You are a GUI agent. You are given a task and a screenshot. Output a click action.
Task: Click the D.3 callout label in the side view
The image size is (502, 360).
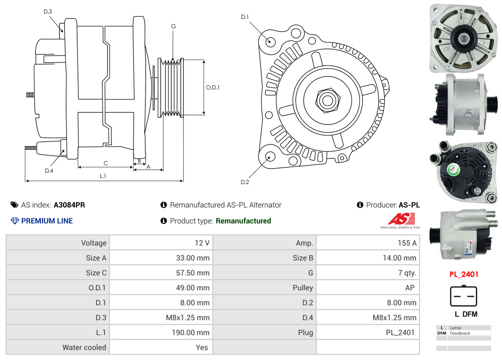(x=48, y=11)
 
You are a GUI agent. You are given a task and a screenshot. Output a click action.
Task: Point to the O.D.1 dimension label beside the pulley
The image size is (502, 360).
(x=213, y=87)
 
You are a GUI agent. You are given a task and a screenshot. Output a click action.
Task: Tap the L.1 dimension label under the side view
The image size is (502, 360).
(x=102, y=176)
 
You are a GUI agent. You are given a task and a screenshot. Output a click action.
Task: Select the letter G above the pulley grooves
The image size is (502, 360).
(x=173, y=26)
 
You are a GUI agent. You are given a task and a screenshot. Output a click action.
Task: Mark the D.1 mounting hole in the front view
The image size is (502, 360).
(x=270, y=41)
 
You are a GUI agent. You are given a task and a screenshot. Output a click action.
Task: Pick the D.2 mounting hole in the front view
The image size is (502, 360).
(x=270, y=156)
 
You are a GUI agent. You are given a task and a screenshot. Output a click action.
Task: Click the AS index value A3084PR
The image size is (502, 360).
(x=69, y=205)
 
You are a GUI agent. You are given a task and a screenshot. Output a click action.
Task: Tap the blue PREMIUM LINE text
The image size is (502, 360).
(x=47, y=221)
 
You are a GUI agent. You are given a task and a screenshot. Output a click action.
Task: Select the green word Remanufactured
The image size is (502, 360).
(x=243, y=221)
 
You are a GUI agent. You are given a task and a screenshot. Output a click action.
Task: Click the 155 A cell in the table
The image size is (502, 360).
(x=407, y=243)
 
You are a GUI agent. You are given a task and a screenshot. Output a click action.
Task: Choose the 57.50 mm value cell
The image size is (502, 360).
(x=193, y=273)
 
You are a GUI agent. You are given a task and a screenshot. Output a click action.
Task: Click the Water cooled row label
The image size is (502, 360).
(x=84, y=347)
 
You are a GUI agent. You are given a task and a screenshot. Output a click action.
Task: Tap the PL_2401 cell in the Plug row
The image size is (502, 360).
(x=400, y=333)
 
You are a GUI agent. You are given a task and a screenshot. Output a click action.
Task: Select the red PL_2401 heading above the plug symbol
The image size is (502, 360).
(x=464, y=274)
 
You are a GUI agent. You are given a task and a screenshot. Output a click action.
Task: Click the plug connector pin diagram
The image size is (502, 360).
(x=463, y=296)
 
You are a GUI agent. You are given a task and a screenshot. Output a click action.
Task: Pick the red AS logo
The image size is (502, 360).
(x=401, y=219)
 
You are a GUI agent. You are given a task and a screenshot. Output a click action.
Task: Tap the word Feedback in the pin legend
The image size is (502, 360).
(x=460, y=333)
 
